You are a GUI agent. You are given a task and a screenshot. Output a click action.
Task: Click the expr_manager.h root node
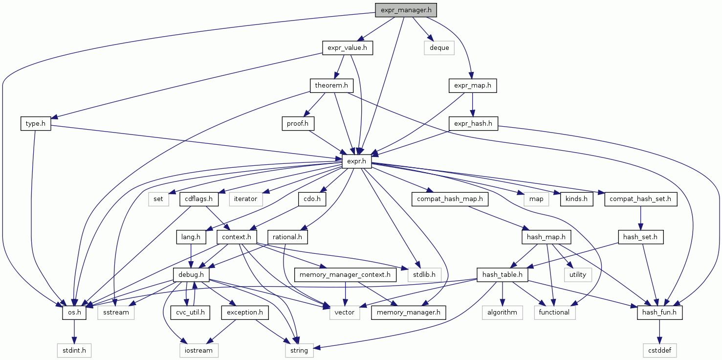point(405,9)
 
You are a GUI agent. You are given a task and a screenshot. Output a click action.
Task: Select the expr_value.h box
point(347,48)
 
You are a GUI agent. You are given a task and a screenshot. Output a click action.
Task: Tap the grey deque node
point(439,48)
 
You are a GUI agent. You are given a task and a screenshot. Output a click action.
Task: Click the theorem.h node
point(331,86)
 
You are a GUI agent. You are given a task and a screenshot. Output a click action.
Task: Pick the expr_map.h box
point(472,86)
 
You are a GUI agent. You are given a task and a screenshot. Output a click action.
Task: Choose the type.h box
point(36,124)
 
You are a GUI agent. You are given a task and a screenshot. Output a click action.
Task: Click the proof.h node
point(297,124)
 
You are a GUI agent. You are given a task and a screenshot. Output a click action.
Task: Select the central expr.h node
point(357,162)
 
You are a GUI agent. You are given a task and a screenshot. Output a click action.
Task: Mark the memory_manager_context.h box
point(345,275)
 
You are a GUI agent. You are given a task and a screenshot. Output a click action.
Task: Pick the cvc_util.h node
point(190,312)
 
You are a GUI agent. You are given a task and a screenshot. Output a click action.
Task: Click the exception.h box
point(245,312)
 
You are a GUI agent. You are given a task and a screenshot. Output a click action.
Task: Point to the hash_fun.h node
point(659,312)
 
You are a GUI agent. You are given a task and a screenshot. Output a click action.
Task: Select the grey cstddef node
point(659,350)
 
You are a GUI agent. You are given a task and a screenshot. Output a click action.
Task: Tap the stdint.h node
point(74,350)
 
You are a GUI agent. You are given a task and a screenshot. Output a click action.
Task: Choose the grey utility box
point(577,275)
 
